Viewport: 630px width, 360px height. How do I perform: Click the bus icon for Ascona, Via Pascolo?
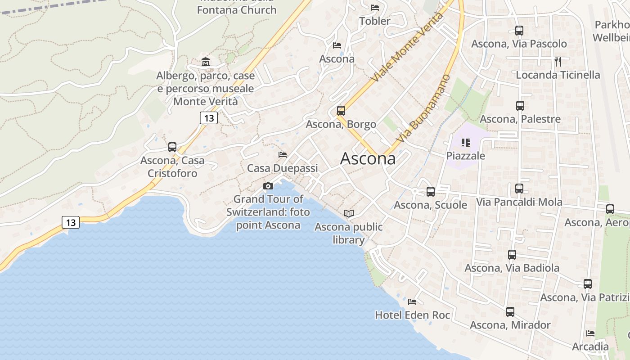519,31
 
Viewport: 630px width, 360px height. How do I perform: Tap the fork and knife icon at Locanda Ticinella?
558,61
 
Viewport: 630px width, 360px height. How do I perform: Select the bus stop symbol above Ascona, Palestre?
520,106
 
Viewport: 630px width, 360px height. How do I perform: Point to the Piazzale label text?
466,156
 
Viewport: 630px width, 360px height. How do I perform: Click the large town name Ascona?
368,158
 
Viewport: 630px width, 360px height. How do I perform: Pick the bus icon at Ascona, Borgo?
341,111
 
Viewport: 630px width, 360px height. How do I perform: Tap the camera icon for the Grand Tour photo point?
268,186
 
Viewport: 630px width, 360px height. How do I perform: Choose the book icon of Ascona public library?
349,213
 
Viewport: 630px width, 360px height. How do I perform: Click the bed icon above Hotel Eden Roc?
412,301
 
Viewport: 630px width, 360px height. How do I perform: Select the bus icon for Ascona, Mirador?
510,311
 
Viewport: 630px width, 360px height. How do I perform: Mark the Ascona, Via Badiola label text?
512,268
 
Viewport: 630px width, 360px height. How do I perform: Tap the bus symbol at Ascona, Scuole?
430,192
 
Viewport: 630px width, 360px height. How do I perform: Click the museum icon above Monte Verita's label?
206,62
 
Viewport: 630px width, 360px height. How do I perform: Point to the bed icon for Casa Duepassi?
283,155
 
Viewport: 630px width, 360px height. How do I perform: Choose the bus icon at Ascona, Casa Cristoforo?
172,147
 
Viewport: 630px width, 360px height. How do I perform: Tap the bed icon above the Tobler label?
374,7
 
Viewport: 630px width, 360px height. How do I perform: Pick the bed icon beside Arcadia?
590,333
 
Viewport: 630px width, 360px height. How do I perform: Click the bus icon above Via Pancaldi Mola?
519,189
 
